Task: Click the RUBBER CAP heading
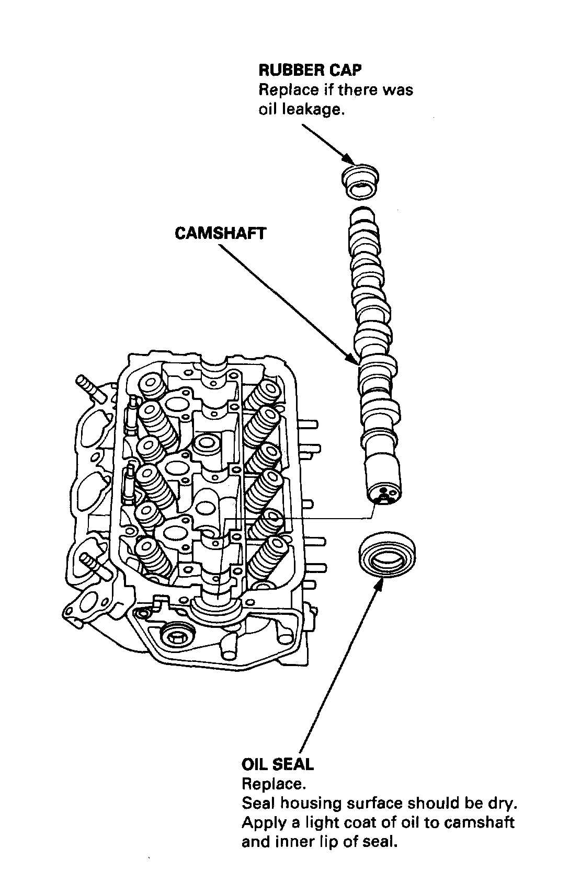coord(310,70)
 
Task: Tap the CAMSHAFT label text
coord(220,233)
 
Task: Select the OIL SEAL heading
coord(278,764)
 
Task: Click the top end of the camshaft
coord(361,212)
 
